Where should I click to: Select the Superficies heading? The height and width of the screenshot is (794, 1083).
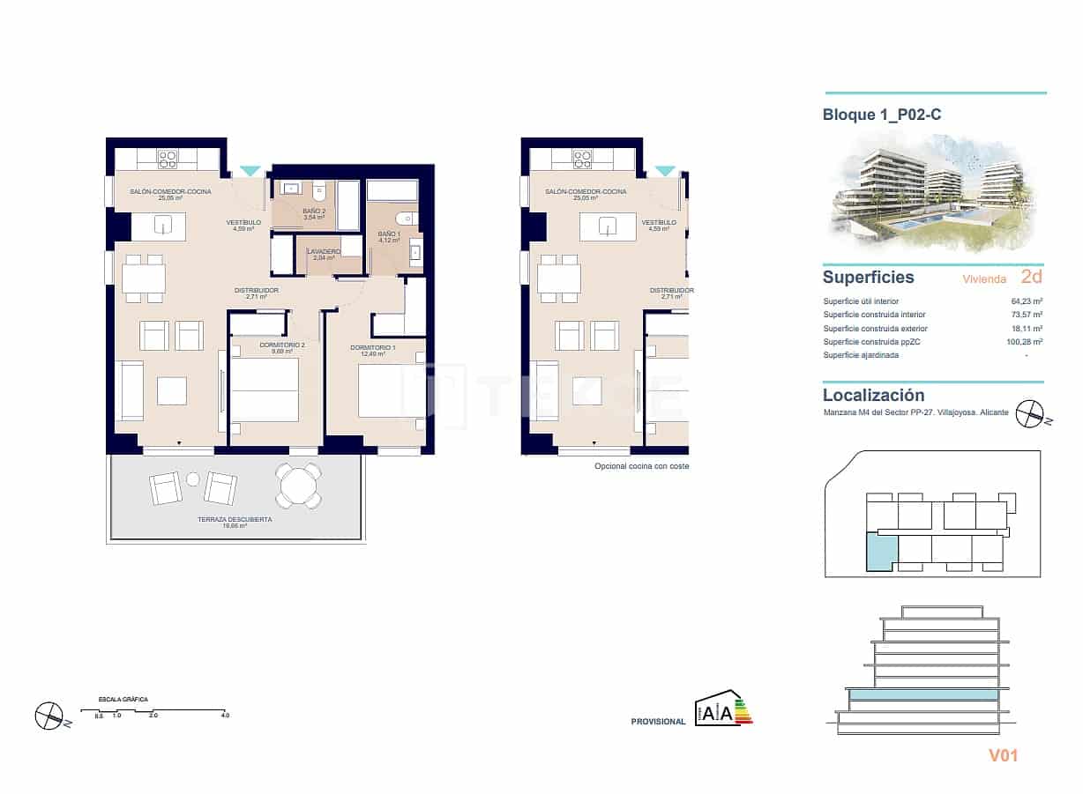click(x=868, y=278)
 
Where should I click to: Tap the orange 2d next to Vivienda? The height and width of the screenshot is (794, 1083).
click(x=1031, y=277)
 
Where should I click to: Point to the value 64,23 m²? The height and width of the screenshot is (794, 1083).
click(x=1027, y=301)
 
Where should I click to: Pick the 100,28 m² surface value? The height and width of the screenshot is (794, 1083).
click(x=1026, y=342)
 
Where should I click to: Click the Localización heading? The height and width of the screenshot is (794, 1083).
click(x=873, y=396)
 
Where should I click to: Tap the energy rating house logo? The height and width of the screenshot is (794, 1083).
click(x=723, y=709)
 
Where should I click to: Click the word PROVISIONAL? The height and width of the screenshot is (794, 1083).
click(x=658, y=722)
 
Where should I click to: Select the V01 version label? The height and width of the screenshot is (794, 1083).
click(x=1003, y=755)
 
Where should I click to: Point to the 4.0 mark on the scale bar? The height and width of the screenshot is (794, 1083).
click(x=225, y=716)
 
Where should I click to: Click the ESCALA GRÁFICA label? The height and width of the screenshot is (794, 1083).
click(x=123, y=700)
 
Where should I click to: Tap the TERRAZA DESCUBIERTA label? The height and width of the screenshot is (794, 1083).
click(x=235, y=520)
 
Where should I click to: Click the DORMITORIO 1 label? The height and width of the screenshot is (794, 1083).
click(x=372, y=348)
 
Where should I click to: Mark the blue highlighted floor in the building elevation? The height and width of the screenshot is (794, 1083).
click(x=922, y=694)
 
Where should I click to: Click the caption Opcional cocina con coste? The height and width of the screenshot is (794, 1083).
click(x=641, y=466)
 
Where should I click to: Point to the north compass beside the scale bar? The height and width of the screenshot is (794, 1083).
click(x=50, y=715)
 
